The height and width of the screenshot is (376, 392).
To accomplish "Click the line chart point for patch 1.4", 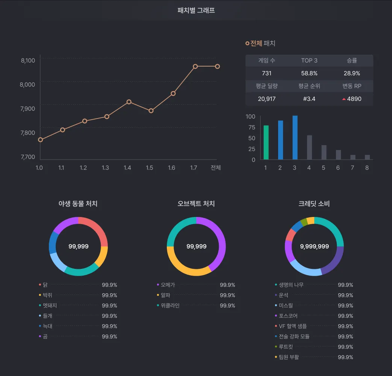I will [x=129, y=102].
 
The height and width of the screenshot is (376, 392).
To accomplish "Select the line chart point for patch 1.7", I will [x=195, y=67].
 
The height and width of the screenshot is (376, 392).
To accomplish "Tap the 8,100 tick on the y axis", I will [x=28, y=61].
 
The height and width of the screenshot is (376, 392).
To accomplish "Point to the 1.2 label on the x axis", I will [x=83, y=168].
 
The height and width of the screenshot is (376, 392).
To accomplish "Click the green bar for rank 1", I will [x=266, y=143].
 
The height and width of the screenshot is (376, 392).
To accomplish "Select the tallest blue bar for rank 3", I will [x=295, y=138].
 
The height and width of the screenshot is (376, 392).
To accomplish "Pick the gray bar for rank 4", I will [x=309, y=147].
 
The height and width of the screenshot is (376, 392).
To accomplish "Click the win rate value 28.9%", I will [x=352, y=73].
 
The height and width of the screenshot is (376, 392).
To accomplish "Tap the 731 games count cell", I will [x=266, y=73].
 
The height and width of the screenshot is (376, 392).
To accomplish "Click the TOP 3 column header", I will [x=309, y=61].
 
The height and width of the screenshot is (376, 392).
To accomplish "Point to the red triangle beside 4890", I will [x=344, y=99].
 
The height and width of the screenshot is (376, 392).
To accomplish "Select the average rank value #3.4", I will [x=309, y=99].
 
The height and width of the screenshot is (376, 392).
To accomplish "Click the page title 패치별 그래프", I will [x=196, y=11].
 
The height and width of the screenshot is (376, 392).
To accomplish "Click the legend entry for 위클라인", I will [x=170, y=306].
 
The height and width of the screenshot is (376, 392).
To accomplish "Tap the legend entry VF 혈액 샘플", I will [x=292, y=326].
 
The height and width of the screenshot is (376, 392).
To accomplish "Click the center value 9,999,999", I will [x=314, y=247].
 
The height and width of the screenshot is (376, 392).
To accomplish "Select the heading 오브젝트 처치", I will [x=196, y=204].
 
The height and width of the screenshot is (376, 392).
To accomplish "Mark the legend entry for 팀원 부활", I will [x=289, y=357].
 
